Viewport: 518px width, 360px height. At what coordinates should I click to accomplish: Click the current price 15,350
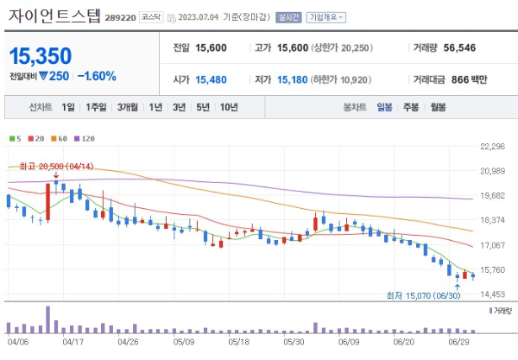click(41, 56)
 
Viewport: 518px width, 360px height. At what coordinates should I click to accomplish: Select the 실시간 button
click(287, 16)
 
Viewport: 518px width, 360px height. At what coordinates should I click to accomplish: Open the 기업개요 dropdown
click(328, 16)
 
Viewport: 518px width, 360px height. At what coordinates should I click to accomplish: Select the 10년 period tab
click(229, 108)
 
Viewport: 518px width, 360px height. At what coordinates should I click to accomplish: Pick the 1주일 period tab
click(98, 108)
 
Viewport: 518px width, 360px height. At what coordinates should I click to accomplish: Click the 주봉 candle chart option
click(411, 108)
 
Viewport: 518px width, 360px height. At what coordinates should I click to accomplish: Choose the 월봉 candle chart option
click(439, 108)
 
